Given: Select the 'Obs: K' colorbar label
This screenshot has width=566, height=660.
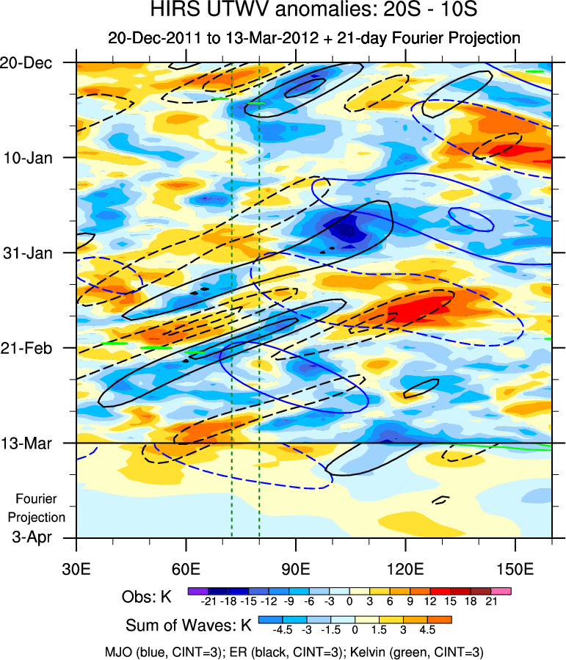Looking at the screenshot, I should coord(147,597).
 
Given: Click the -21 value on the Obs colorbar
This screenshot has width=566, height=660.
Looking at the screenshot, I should coord(208,601).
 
